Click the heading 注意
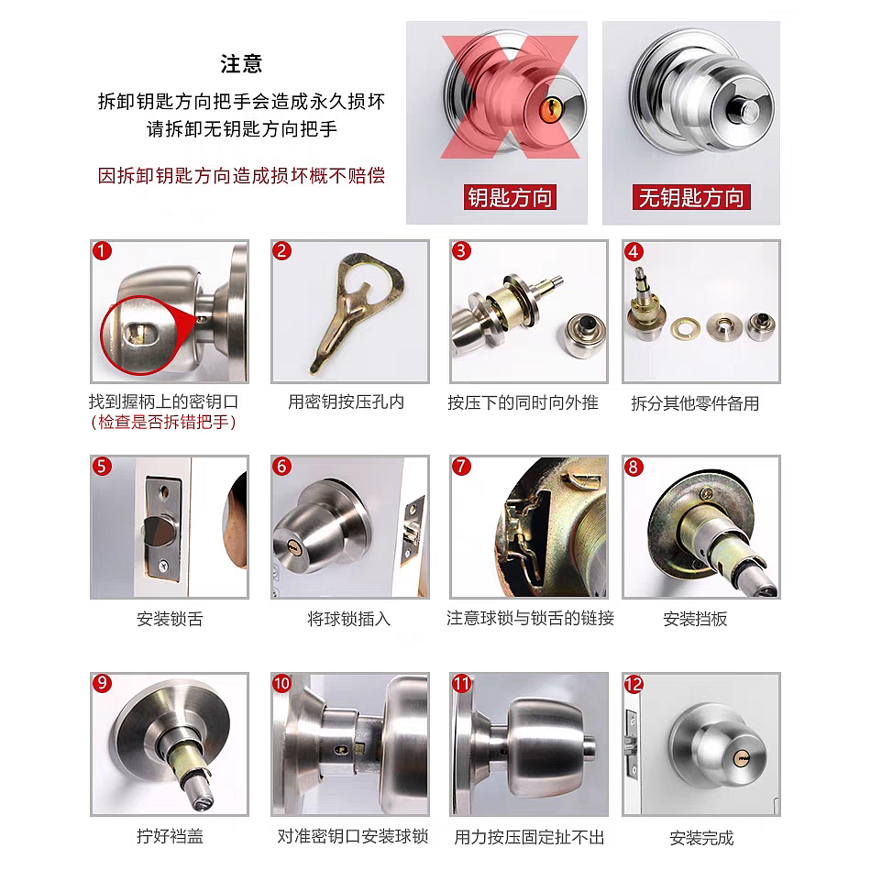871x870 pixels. click(241, 64)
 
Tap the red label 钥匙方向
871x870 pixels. click(510, 198)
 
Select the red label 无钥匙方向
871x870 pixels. click(691, 197)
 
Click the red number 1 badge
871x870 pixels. click(102, 251)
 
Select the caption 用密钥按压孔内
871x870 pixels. click(346, 402)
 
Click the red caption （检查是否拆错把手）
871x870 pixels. click(163, 423)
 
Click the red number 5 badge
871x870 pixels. click(102, 467)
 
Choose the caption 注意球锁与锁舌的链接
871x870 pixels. click(531, 618)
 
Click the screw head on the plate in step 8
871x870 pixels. click(707, 493)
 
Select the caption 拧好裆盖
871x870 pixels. click(170, 835)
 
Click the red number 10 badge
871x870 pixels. click(281, 683)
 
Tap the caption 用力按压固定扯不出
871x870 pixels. click(529, 837)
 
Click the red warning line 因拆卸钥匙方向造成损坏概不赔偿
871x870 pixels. click(241, 175)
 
